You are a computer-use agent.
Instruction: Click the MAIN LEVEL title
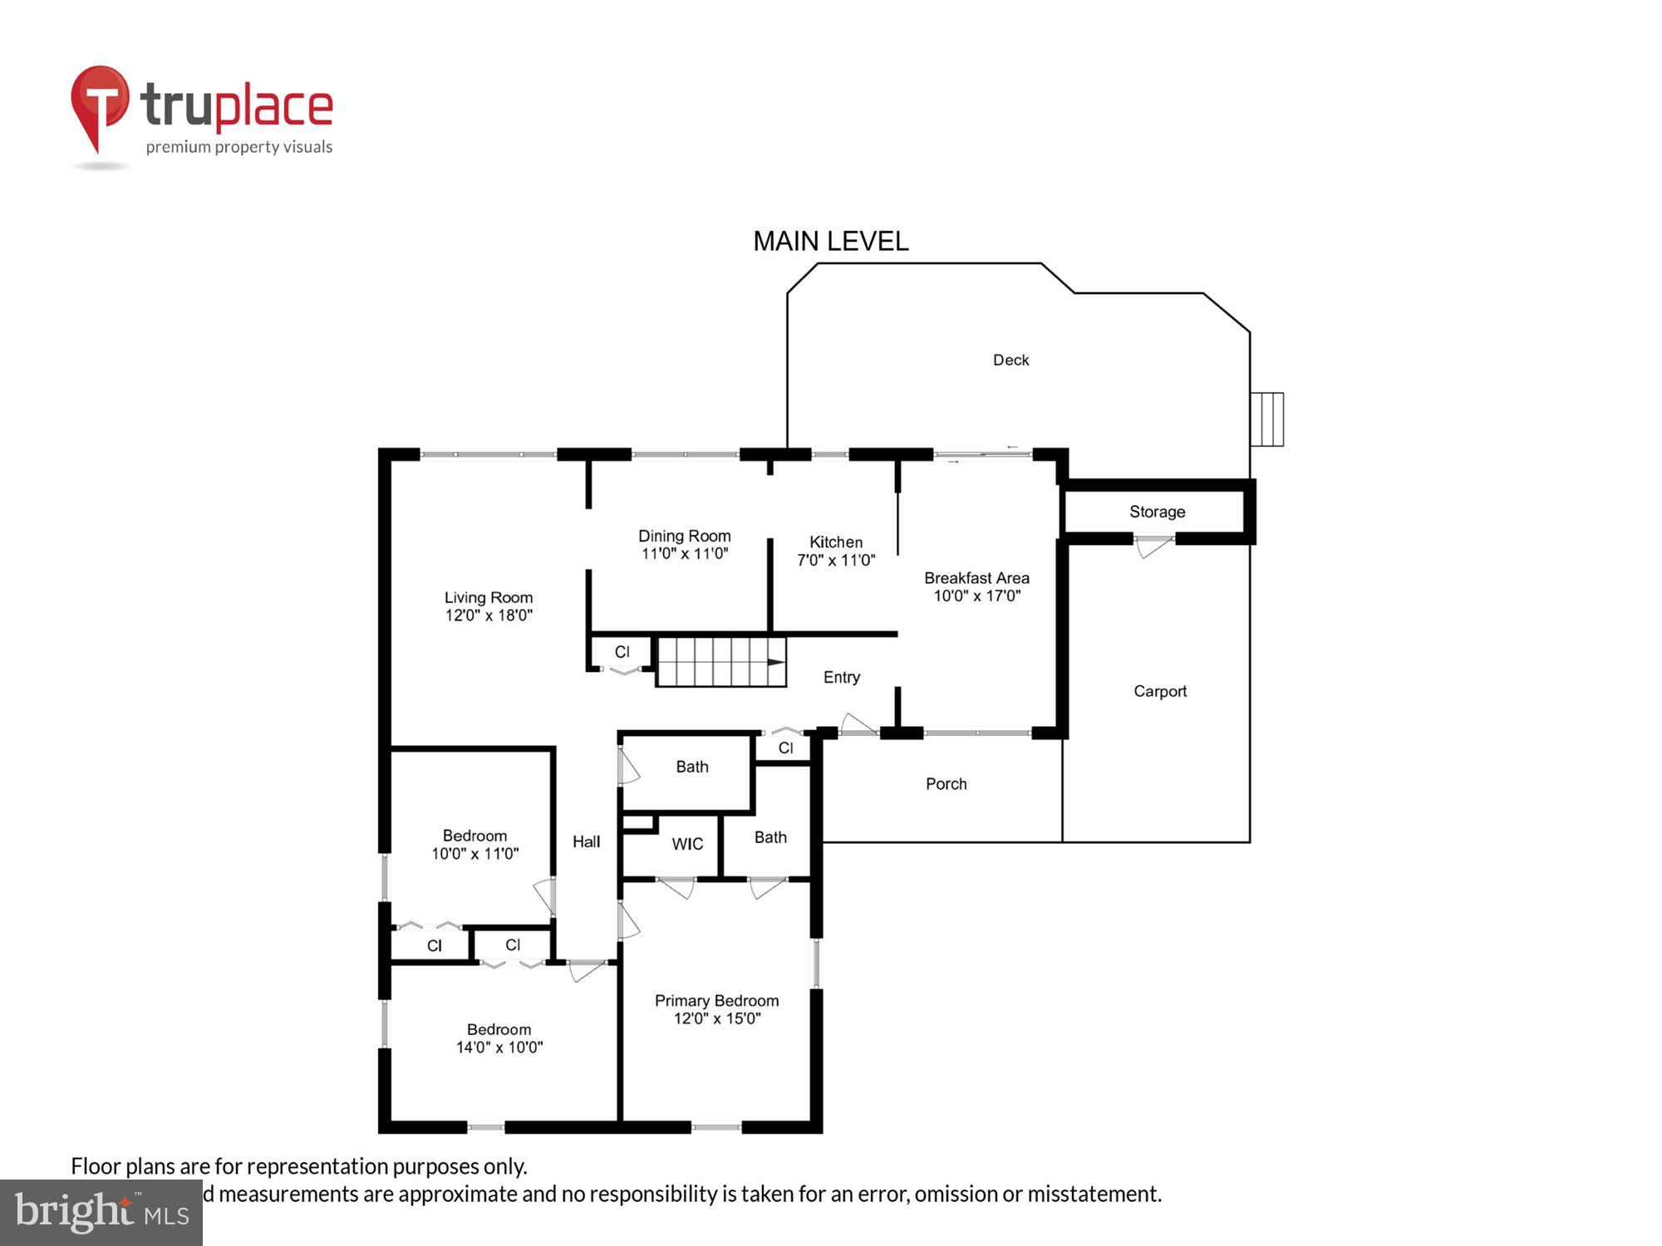[830, 242]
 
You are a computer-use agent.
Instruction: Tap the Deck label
[1010, 360]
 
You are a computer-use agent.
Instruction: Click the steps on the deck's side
[1267, 419]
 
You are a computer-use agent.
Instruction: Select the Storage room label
[1157, 512]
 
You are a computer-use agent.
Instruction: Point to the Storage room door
[1154, 547]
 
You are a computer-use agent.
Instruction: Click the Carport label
[1159, 691]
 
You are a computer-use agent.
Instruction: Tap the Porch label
[946, 783]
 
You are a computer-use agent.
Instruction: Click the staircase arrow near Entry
[775, 662]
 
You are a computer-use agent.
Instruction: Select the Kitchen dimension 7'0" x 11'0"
[836, 561]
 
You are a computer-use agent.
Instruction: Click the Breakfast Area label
[976, 577]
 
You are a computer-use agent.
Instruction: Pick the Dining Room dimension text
[684, 554]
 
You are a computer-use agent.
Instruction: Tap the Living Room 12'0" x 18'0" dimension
[489, 616]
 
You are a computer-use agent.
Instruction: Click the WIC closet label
[687, 844]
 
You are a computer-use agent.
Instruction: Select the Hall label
[586, 841]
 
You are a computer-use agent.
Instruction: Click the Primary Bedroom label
[716, 1001]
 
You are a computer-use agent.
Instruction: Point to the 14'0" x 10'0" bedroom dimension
[499, 1047]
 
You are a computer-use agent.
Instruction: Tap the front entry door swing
[858, 724]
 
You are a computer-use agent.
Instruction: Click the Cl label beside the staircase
[622, 652]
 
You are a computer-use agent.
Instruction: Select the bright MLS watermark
[101, 1212]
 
